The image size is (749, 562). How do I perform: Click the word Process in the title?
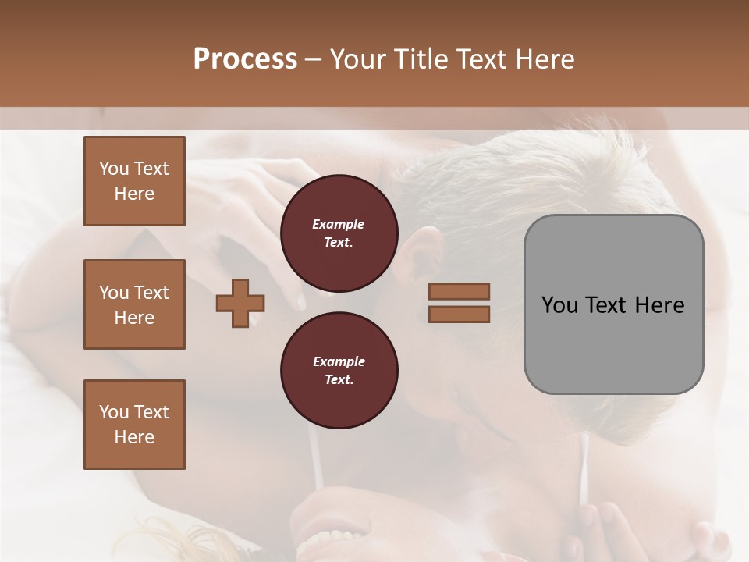coord(245,59)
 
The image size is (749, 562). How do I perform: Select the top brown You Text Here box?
coord(134,181)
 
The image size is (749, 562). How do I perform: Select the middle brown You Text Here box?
coord(134,304)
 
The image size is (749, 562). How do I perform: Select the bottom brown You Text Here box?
coord(134,425)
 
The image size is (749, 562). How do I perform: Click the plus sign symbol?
coord(240,303)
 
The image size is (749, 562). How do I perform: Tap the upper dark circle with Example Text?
coord(339,233)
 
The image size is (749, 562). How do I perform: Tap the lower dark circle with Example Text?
coord(339,370)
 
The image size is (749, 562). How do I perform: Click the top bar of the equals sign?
coord(459,292)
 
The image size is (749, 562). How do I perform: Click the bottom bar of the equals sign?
coord(459,314)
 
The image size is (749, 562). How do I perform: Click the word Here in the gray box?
coord(659,305)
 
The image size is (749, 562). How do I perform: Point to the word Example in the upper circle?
coord(339,224)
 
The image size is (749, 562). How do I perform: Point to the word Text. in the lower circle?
coord(339,379)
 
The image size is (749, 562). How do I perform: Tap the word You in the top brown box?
coord(114,169)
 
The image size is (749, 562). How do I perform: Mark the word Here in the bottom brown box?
coord(134,437)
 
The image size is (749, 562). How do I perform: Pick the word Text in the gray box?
coord(608,305)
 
